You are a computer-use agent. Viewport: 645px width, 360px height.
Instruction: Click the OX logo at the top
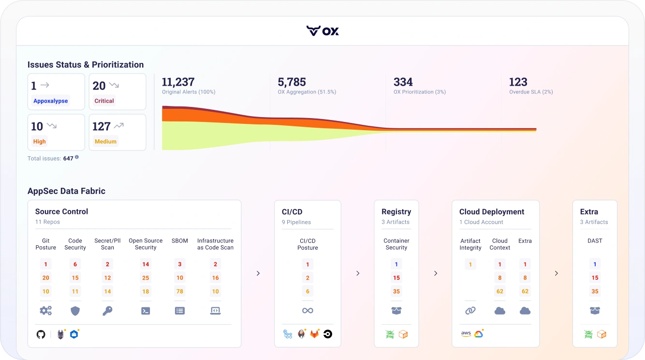(322, 30)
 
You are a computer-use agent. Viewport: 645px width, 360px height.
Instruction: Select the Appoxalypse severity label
(51, 101)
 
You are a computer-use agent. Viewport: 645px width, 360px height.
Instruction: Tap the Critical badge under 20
(104, 101)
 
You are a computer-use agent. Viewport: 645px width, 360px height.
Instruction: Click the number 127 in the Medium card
(102, 126)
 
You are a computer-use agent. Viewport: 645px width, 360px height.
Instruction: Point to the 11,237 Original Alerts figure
(178, 82)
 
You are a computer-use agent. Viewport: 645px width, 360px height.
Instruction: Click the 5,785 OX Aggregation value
(292, 82)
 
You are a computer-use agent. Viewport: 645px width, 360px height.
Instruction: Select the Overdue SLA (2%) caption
(531, 92)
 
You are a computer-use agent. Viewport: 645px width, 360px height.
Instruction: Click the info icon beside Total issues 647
(77, 157)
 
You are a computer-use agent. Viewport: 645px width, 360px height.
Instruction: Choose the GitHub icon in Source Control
(41, 334)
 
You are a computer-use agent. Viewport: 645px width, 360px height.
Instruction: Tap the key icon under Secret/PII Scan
(107, 311)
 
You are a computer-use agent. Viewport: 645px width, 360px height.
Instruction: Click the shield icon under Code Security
(75, 311)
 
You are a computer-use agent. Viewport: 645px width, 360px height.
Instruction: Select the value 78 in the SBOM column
(180, 291)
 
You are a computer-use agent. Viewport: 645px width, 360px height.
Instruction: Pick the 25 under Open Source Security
(146, 278)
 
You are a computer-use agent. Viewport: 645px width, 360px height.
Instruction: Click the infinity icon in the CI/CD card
(308, 311)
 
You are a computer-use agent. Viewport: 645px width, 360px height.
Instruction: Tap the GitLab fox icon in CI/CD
(314, 334)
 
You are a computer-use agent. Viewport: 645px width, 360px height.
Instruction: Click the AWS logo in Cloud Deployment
(466, 334)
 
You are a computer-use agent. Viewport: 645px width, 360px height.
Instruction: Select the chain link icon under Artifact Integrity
(470, 311)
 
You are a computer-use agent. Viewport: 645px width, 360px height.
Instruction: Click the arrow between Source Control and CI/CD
(258, 273)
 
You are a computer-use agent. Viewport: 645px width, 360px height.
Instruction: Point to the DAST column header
(595, 240)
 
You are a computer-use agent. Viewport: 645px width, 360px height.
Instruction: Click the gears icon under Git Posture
(46, 311)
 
